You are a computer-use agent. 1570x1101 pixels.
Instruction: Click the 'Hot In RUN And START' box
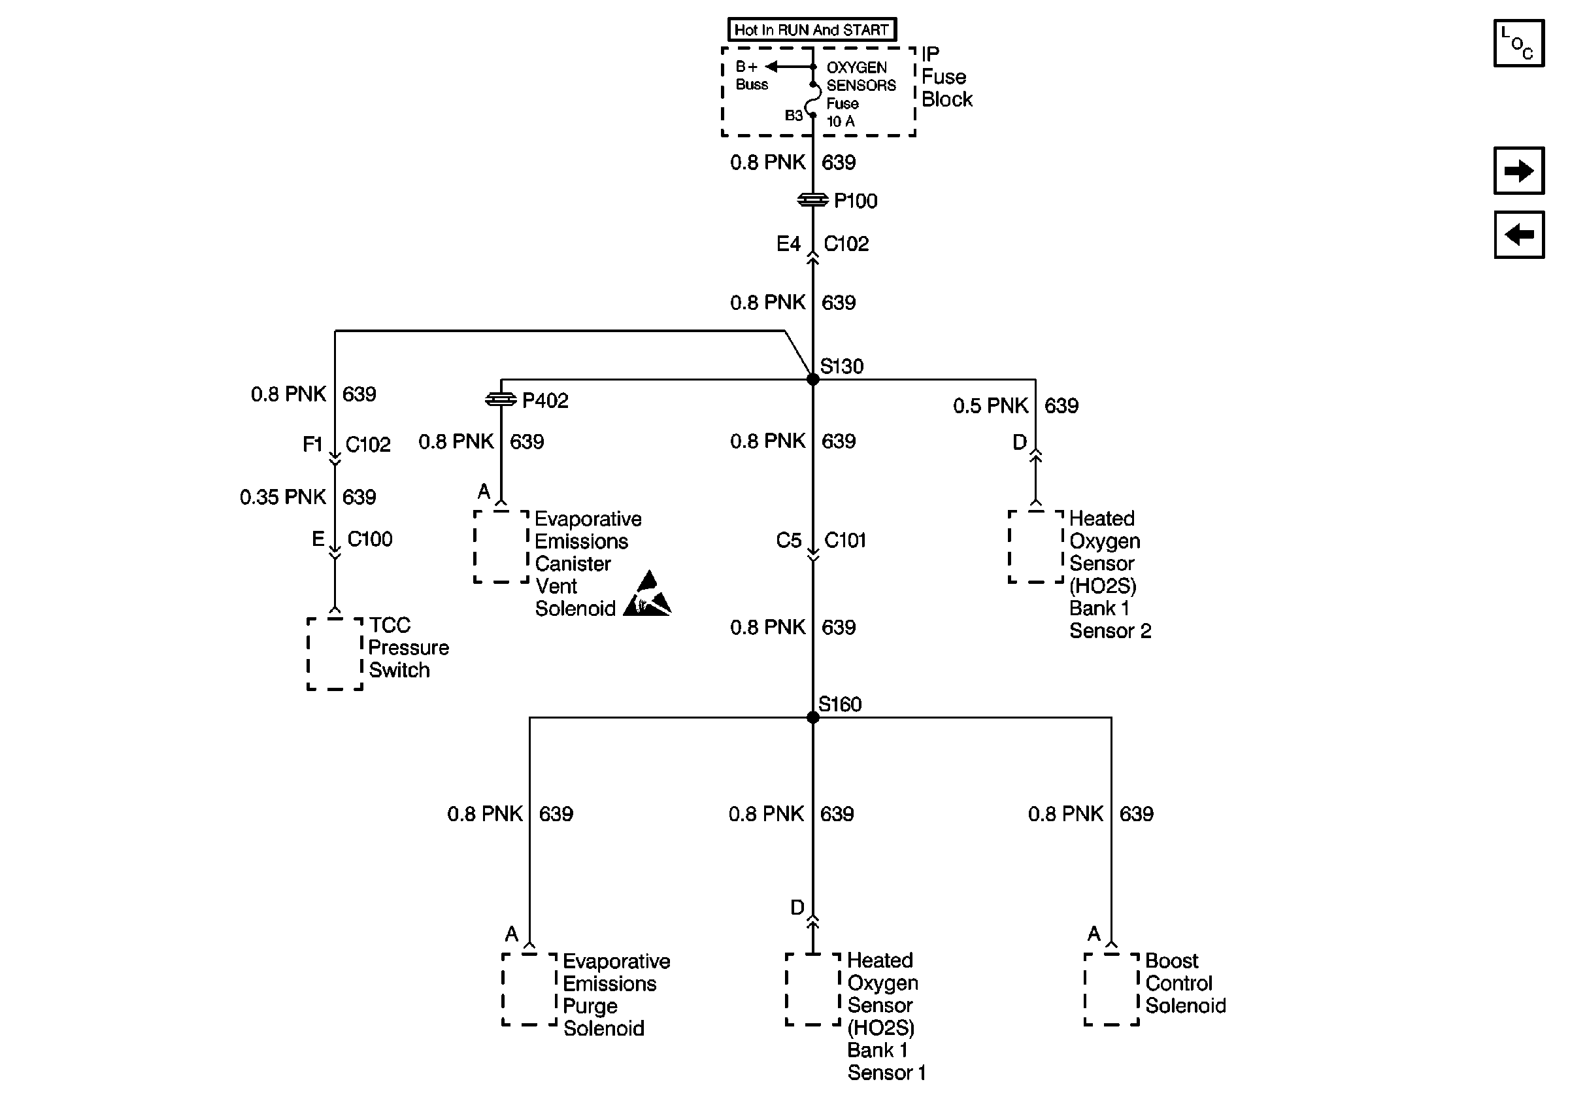click(x=812, y=29)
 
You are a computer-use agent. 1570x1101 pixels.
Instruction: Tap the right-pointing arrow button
click(x=1519, y=170)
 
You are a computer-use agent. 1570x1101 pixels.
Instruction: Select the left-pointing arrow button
click(x=1519, y=235)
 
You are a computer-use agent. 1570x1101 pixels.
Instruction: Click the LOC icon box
click(x=1519, y=44)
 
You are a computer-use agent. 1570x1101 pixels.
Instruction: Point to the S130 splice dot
click(x=813, y=380)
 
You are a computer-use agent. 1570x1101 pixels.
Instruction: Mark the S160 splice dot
click(x=813, y=717)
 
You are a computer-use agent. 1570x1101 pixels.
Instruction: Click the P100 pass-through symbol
click(x=813, y=199)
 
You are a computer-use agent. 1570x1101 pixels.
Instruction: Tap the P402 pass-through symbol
click(x=501, y=399)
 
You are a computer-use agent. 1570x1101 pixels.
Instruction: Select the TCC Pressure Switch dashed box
click(x=335, y=654)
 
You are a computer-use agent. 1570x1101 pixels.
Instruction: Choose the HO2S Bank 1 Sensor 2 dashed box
click(x=1036, y=547)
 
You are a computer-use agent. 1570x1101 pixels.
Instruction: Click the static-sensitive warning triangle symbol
click(x=648, y=594)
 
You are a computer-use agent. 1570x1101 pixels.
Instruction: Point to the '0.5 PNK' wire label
click(x=990, y=405)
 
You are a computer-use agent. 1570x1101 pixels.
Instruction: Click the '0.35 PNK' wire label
click(x=282, y=497)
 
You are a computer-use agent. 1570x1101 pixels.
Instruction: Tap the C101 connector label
click(x=845, y=540)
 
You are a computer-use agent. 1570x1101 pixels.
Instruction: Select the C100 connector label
click(x=370, y=539)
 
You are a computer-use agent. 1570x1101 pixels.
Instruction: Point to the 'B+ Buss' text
click(x=751, y=76)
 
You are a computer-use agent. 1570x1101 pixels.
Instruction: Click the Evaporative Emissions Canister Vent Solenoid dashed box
click(x=502, y=547)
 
